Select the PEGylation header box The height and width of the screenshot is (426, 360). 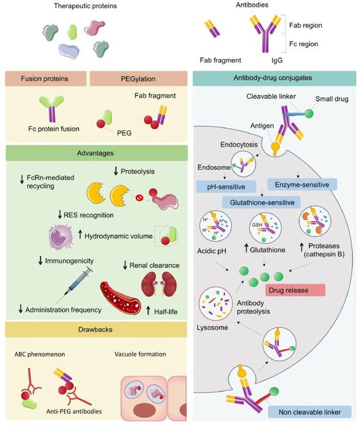[x=138, y=80]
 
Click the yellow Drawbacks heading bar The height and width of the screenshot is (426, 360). [x=95, y=329]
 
